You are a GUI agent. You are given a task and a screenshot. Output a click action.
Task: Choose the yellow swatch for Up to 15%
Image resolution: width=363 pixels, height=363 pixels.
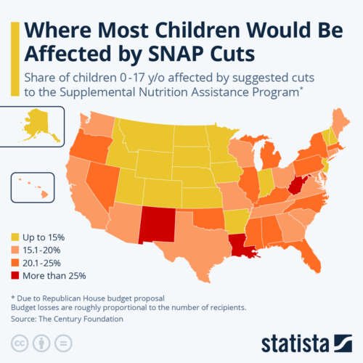(x=15, y=237)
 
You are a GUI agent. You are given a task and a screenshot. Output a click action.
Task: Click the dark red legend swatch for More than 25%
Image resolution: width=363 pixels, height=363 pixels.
(x=15, y=276)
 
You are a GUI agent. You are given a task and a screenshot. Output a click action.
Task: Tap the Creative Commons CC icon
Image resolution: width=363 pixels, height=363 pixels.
(x=20, y=343)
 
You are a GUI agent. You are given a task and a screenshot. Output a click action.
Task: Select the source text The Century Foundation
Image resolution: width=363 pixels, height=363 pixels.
(x=77, y=319)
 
